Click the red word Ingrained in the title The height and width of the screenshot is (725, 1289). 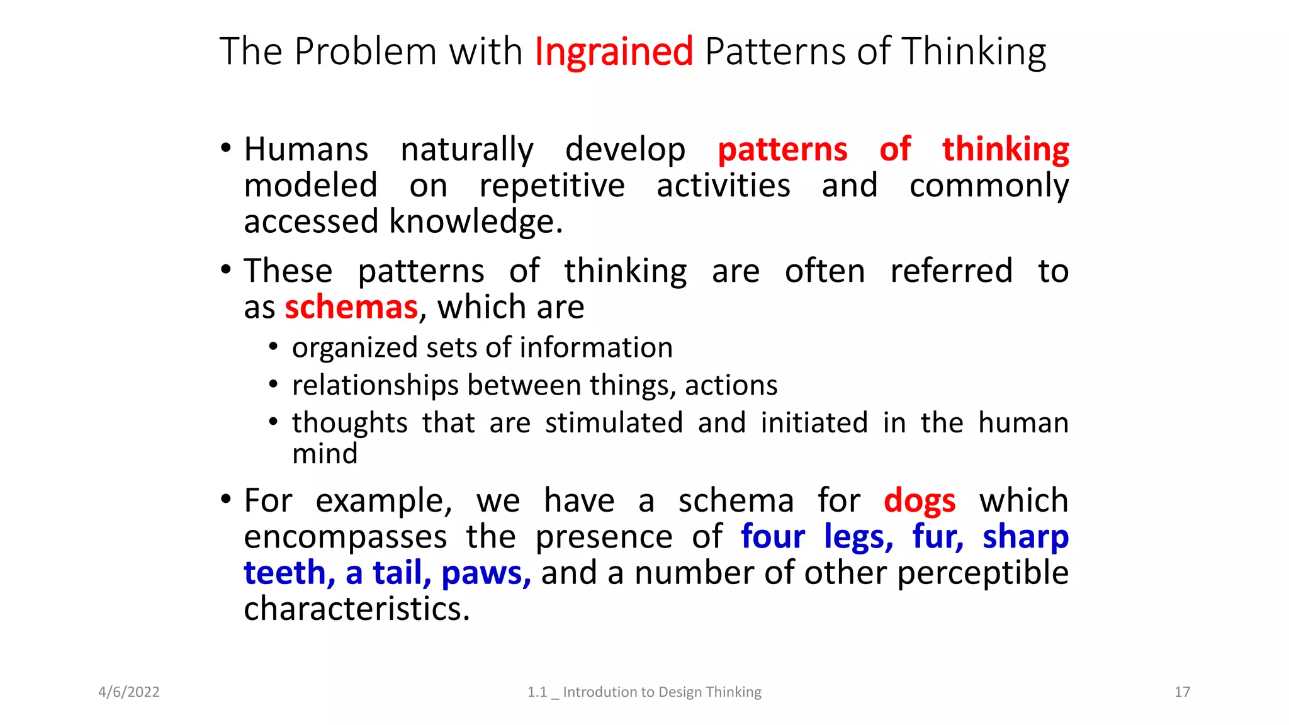[x=614, y=52]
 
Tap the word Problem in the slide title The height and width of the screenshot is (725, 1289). [x=365, y=52]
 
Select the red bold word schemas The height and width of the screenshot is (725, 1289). [x=351, y=307]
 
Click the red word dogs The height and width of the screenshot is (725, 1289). [x=920, y=502]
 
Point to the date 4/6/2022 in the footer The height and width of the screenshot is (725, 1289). [x=129, y=692]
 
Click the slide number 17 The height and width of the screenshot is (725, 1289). [x=1182, y=692]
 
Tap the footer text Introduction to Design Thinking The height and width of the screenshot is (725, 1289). [x=661, y=692]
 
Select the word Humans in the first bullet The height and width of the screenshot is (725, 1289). [x=306, y=150]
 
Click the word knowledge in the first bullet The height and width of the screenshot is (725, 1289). [x=475, y=222]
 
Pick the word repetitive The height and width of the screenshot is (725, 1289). [x=552, y=186]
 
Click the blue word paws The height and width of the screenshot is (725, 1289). [x=485, y=573]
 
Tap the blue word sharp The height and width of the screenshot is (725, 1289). [x=1025, y=537]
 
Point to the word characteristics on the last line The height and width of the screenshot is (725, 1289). [x=356, y=609]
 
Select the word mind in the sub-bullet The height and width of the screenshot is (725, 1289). [x=325, y=454]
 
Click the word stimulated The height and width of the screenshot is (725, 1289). [x=614, y=423]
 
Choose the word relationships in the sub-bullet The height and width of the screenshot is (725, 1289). [x=375, y=386]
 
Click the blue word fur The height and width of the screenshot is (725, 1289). [x=936, y=537]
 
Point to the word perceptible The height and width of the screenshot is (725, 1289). [x=982, y=573]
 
